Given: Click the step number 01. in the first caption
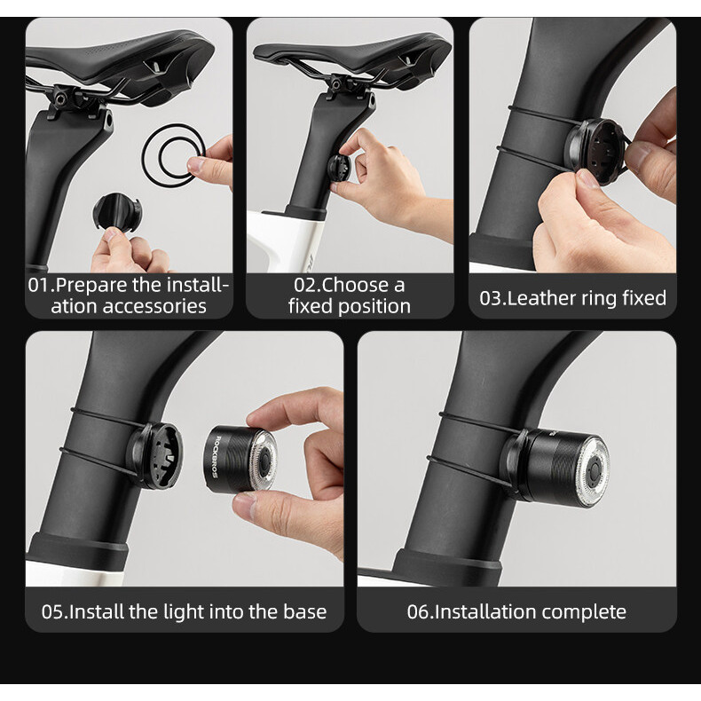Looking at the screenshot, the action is (42, 285).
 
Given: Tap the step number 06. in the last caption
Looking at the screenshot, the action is (420, 612).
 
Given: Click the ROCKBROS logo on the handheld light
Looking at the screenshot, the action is (215, 457).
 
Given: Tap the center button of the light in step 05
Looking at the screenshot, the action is (264, 460).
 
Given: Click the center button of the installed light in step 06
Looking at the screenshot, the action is (594, 469).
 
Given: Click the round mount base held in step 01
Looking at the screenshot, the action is (118, 212).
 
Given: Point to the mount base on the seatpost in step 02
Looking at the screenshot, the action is (338, 168).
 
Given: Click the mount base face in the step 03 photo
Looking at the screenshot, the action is (597, 151).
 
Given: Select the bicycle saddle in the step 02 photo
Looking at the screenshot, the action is (353, 56).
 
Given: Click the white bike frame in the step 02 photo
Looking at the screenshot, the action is (286, 241).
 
